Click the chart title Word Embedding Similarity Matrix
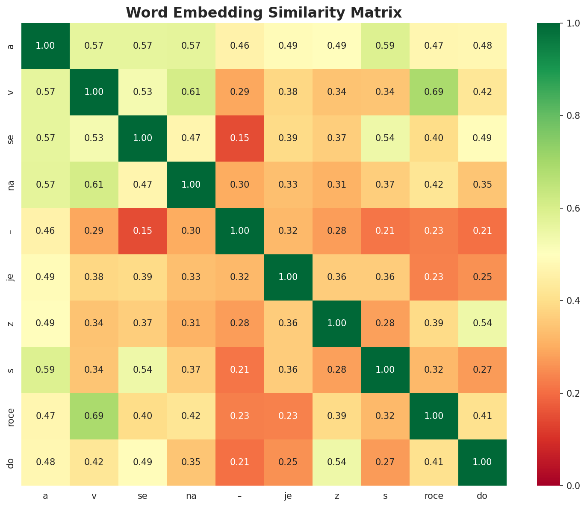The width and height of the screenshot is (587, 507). [264, 13]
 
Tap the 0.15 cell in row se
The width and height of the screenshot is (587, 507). [239, 138]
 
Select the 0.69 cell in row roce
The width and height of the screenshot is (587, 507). [94, 416]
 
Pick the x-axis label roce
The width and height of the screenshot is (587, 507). [434, 496]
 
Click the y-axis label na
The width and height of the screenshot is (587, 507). [12, 185]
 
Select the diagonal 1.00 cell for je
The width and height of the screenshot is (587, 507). [288, 277]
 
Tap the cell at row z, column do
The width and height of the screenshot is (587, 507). [482, 323]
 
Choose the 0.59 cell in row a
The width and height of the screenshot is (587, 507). [385, 46]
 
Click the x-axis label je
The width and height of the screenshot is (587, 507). [288, 496]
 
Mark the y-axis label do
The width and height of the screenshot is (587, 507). [12, 462]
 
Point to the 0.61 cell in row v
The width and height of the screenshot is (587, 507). [191, 92]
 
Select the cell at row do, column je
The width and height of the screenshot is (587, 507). [288, 462]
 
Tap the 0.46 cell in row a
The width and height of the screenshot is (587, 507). [239, 46]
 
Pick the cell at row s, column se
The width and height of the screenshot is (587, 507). [142, 369]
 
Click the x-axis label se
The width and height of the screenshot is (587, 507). [142, 496]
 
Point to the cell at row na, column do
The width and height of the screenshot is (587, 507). [482, 185]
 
